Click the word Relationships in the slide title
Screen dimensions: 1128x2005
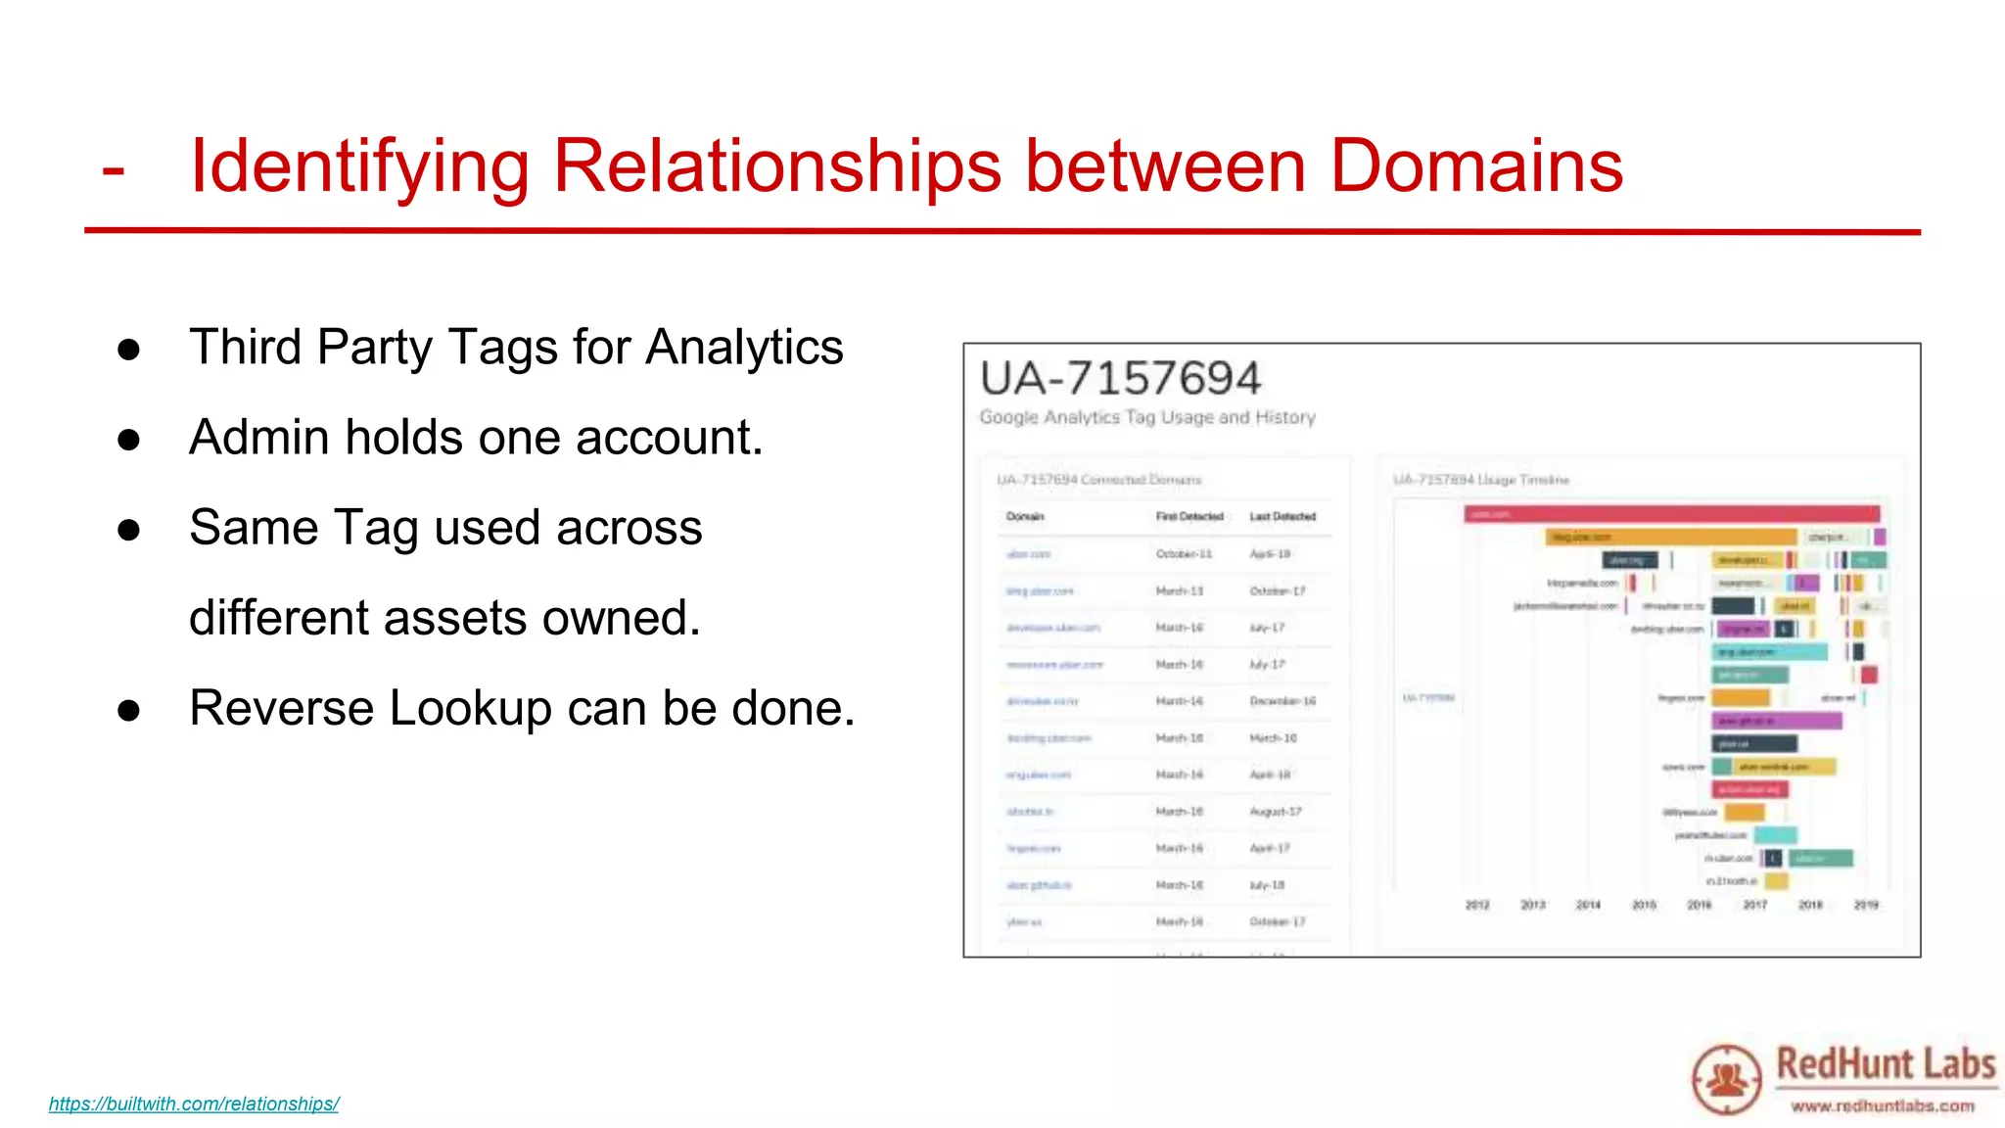click(777, 166)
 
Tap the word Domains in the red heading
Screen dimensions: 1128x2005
click(1476, 166)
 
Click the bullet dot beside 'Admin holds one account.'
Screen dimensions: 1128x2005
click(128, 440)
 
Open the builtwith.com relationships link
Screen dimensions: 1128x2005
click(194, 1104)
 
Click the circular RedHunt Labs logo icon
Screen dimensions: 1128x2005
click(1727, 1079)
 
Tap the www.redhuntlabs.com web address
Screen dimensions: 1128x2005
click(1883, 1105)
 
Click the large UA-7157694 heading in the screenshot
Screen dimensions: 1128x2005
click(1120, 379)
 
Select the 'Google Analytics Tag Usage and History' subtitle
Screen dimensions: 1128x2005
click(1147, 417)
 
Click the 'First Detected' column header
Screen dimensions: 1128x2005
click(1189, 516)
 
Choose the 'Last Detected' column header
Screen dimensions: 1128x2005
click(1282, 516)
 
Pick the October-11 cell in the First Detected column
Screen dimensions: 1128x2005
click(1184, 554)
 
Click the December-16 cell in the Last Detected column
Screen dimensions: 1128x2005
click(1282, 701)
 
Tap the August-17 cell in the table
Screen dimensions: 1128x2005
click(1276, 812)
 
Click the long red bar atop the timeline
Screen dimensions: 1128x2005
click(1671, 514)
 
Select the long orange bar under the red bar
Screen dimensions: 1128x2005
click(1671, 537)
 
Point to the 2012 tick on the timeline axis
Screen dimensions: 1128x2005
click(1477, 905)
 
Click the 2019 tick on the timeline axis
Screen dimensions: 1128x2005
click(1866, 905)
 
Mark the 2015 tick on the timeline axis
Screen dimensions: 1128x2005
click(1644, 905)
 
